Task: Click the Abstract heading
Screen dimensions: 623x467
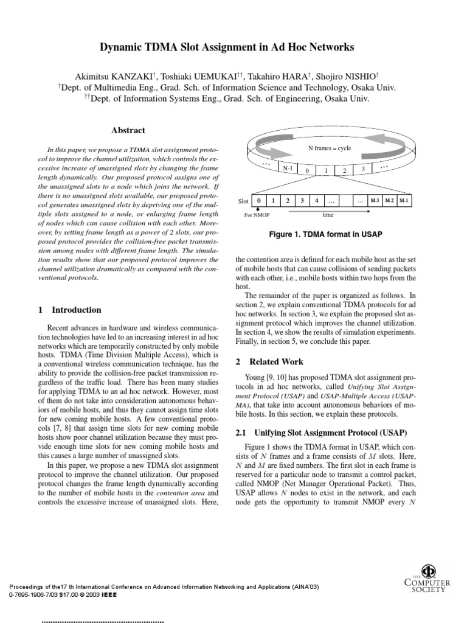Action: (128, 130)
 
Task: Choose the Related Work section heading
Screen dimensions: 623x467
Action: (269, 361)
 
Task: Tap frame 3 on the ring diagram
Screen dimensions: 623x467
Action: (362, 169)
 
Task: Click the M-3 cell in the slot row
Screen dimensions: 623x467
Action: (375, 200)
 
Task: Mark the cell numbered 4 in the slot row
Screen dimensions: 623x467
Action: (316, 200)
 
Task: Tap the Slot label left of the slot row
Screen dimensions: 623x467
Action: (243, 201)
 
